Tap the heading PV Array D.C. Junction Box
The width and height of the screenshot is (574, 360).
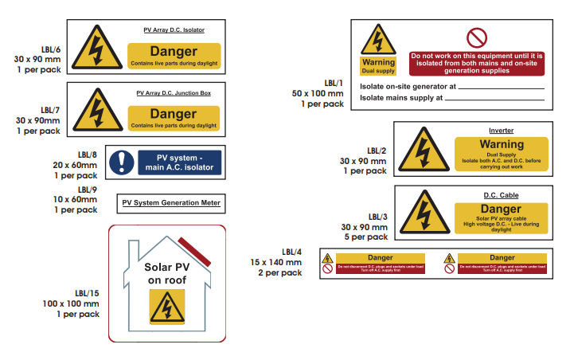coord(174,93)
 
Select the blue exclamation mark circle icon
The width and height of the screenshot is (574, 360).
coord(122,161)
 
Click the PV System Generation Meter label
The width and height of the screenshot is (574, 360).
coord(170,203)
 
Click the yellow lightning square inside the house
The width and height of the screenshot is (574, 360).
coord(167,307)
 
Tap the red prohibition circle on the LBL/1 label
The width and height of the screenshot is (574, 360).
coord(476,37)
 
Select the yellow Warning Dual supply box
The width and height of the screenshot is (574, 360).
coord(378,65)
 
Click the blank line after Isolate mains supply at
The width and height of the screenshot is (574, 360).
coord(494,99)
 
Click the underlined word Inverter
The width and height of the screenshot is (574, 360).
coord(501,130)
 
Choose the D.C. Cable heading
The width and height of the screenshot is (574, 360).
coord(501,195)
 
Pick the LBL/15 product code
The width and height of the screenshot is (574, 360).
coord(87,292)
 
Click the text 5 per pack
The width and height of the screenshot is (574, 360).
coord(368,237)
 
